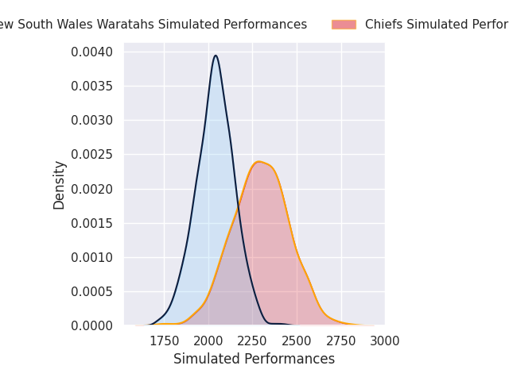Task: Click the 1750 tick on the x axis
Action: click(165, 341)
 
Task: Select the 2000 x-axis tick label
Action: click(208, 341)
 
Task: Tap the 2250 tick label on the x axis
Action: click(253, 341)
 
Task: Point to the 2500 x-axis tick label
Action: click(297, 341)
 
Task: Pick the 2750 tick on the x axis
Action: click(341, 341)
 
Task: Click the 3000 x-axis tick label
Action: click(385, 341)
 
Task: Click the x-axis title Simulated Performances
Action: click(254, 360)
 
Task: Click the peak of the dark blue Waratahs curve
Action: click(215, 56)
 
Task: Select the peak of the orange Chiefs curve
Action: click(258, 162)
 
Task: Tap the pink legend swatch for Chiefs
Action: click(344, 25)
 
